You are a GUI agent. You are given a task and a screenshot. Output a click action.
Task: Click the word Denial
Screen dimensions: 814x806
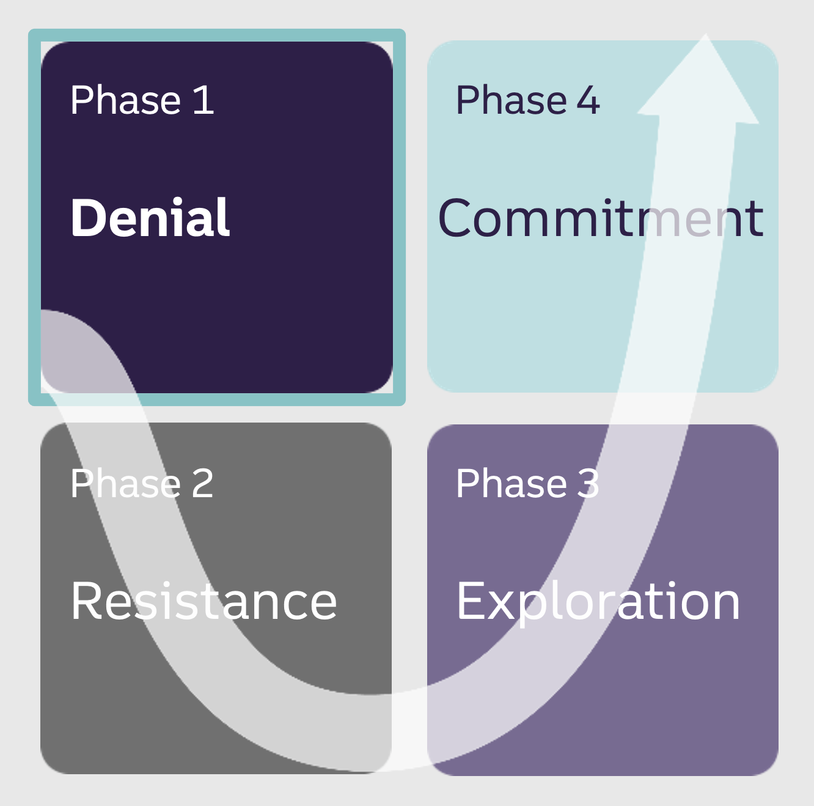[150, 217]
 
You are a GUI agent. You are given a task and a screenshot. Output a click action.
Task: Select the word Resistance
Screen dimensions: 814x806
[204, 601]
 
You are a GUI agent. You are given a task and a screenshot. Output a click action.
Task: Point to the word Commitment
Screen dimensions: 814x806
[601, 217]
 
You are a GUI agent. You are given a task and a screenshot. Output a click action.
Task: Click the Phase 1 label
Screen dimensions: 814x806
[142, 100]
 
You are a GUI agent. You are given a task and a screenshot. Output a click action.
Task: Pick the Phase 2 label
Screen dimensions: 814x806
[142, 483]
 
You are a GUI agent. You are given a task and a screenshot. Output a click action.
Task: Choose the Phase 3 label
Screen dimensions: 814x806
[527, 483]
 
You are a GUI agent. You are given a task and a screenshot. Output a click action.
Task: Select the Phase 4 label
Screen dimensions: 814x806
[528, 100]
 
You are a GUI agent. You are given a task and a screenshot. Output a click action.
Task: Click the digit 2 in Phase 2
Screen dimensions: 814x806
[203, 483]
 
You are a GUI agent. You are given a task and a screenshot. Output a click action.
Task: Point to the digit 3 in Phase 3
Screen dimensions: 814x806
[588, 483]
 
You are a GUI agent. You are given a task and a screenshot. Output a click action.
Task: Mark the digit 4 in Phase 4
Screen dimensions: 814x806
[588, 100]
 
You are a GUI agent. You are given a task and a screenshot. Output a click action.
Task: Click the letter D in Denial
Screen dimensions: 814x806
[87, 217]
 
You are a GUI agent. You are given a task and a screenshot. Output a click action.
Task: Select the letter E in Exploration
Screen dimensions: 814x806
[470, 601]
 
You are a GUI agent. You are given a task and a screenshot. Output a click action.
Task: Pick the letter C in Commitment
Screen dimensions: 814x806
[455, 217]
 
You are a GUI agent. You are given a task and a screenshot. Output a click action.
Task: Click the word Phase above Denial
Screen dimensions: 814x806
[126, 100]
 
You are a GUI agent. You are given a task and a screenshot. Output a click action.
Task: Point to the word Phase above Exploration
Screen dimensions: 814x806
[512, 483]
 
